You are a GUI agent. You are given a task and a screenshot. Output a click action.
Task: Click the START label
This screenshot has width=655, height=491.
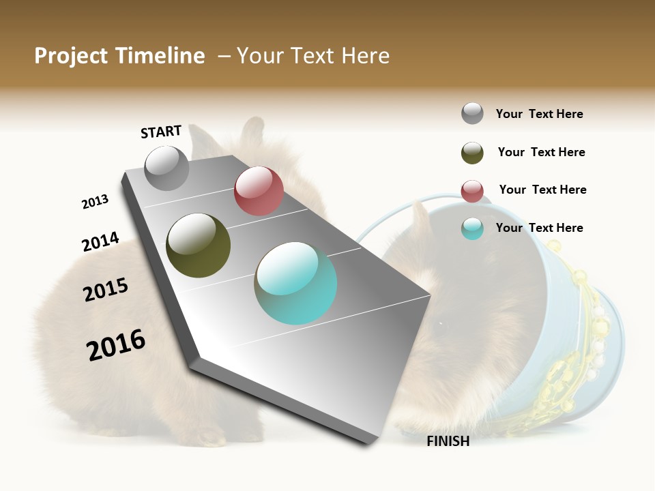161,132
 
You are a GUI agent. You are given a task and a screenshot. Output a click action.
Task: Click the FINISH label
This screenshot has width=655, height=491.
448,441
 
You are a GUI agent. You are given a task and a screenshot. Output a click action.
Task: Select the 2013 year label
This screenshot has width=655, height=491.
95,202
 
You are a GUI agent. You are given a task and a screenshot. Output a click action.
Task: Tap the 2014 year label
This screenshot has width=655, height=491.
100,241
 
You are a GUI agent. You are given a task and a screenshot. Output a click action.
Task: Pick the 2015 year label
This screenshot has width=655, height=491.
106,290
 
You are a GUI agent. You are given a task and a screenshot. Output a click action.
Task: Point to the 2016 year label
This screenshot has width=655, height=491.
116,345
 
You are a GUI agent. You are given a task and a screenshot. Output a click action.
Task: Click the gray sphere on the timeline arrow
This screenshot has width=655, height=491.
166,168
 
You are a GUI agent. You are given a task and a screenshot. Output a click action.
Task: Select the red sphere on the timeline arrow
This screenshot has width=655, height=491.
259,191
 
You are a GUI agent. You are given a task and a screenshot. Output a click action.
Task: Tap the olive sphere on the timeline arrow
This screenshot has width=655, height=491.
199,245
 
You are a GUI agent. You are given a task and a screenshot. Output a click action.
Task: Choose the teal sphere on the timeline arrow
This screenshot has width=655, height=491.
295,283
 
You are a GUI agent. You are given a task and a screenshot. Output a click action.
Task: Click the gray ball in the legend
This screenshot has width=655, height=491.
472,114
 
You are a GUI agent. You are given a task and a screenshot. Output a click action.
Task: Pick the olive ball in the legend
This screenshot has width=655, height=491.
472,153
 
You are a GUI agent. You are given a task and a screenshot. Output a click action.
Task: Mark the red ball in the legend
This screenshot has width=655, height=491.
472,191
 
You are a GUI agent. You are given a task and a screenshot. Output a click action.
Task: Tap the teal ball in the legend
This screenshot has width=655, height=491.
472,228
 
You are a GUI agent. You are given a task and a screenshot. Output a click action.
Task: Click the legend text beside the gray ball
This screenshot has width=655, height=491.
539,115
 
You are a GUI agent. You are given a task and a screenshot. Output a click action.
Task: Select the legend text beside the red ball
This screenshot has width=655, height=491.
542,190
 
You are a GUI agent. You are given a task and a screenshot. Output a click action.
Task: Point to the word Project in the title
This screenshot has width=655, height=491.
71,56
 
